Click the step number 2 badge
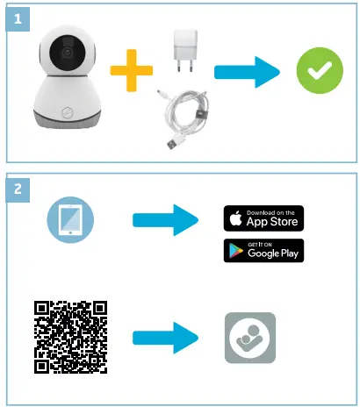(x=18, y=187)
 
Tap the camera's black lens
(x=66, y=54)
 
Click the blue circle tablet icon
(x=69, y=221)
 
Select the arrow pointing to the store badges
(x=164, y=221)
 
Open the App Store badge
(x=263, y=218)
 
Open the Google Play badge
(x=263, y=250)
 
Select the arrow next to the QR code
(x=164, y=336)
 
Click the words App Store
(x=272, y=222)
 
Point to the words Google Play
(x=272, y=253)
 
